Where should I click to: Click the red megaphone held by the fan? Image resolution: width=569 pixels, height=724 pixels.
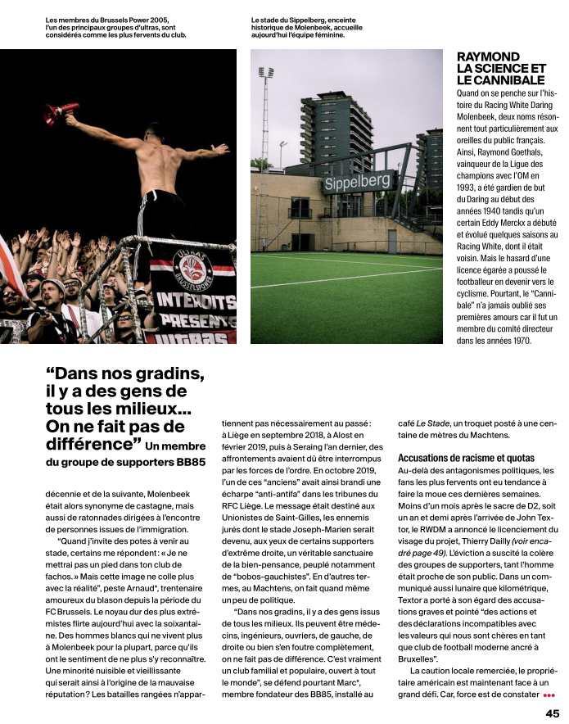62,111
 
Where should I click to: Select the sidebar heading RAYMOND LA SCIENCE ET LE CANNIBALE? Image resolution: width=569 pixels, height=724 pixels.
500,69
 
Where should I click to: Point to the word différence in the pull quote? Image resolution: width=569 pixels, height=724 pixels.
91,445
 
